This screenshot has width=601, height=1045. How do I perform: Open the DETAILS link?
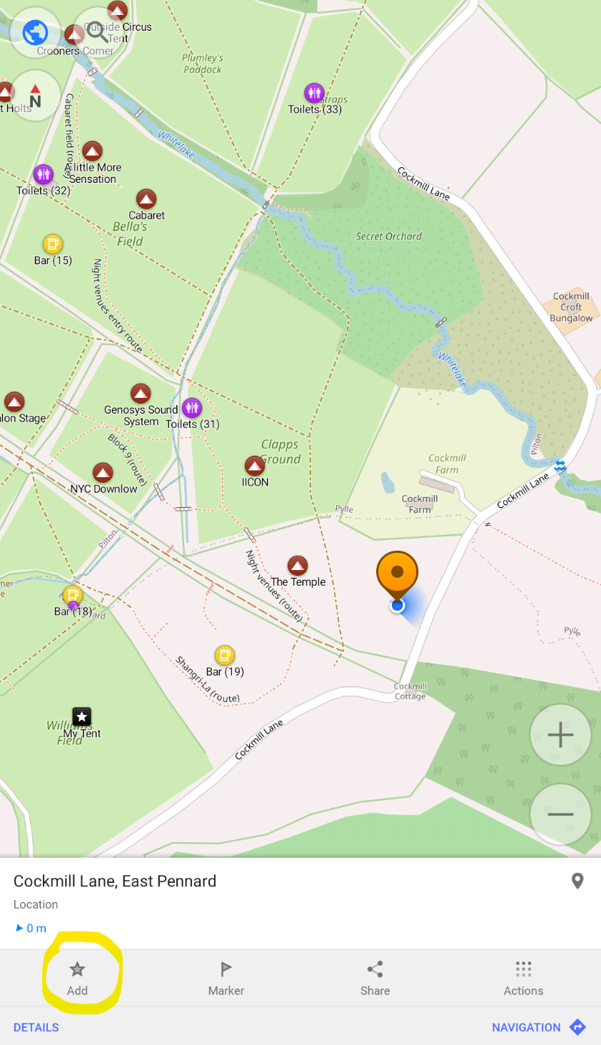[x=36, y=1027]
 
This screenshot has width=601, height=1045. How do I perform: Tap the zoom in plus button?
[x=560, y=734]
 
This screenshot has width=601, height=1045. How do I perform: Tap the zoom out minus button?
[x=560, y=814]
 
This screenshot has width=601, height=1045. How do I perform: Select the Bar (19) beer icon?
[x=225, y=655]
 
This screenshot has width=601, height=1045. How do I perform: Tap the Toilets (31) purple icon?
[x=192, y=408]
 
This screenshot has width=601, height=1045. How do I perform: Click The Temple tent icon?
[x=298, y=566]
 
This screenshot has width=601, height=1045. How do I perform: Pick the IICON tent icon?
[x=255, y=466]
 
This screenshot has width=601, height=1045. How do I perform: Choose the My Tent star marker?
[x=82, y=716]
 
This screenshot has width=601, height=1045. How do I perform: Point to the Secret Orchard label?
[x=389, y=236]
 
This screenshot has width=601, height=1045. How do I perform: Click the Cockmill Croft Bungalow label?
[x=571, y=307]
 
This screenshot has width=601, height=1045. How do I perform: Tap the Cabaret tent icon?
[x=146, y=199]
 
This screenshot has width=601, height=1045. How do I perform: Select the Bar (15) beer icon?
[x=53, y=244]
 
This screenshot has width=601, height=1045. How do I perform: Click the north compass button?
[x=34, y=96]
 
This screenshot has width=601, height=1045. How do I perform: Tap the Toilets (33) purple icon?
[x=314, y=93]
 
